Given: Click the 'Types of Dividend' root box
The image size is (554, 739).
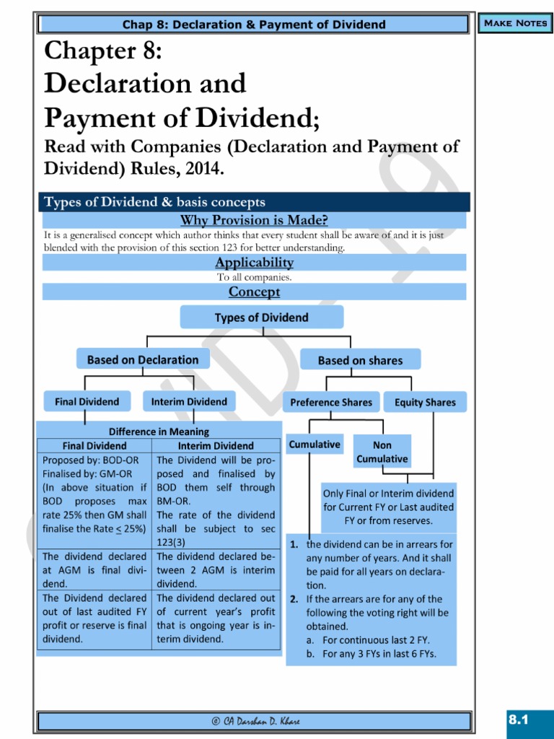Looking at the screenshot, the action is pos(261,318).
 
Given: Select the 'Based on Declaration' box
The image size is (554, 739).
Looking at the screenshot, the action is pos(143,359).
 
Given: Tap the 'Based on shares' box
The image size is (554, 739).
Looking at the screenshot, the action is pos(360,360).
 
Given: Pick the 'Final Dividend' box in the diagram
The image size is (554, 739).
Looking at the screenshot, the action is pos(87,401).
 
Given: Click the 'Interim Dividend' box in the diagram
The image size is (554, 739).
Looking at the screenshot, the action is pos(189,401).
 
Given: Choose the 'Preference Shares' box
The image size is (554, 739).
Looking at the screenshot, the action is pos(331,402).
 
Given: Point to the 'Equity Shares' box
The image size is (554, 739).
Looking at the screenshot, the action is pos(425,402).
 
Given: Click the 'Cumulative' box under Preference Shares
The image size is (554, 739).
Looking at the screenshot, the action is pos(315,445).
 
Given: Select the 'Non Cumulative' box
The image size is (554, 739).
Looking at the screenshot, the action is pos(382,452).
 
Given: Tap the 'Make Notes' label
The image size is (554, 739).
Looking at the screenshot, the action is pos(515,23).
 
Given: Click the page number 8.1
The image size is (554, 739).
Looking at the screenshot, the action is pos(519,720).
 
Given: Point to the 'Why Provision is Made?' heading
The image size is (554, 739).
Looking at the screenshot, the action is pos(254,220).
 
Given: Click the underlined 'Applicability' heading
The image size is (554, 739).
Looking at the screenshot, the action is pos(254,263).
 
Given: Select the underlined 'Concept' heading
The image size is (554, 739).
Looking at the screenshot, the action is pos(254,292).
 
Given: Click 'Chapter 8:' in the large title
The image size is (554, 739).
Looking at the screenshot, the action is pos(103,52).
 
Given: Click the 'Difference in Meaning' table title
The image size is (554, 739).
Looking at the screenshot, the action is pos(159,432).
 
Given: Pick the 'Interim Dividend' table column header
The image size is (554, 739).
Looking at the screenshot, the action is pos(215,446).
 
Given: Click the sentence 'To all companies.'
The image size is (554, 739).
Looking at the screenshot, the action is pos(254,277).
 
